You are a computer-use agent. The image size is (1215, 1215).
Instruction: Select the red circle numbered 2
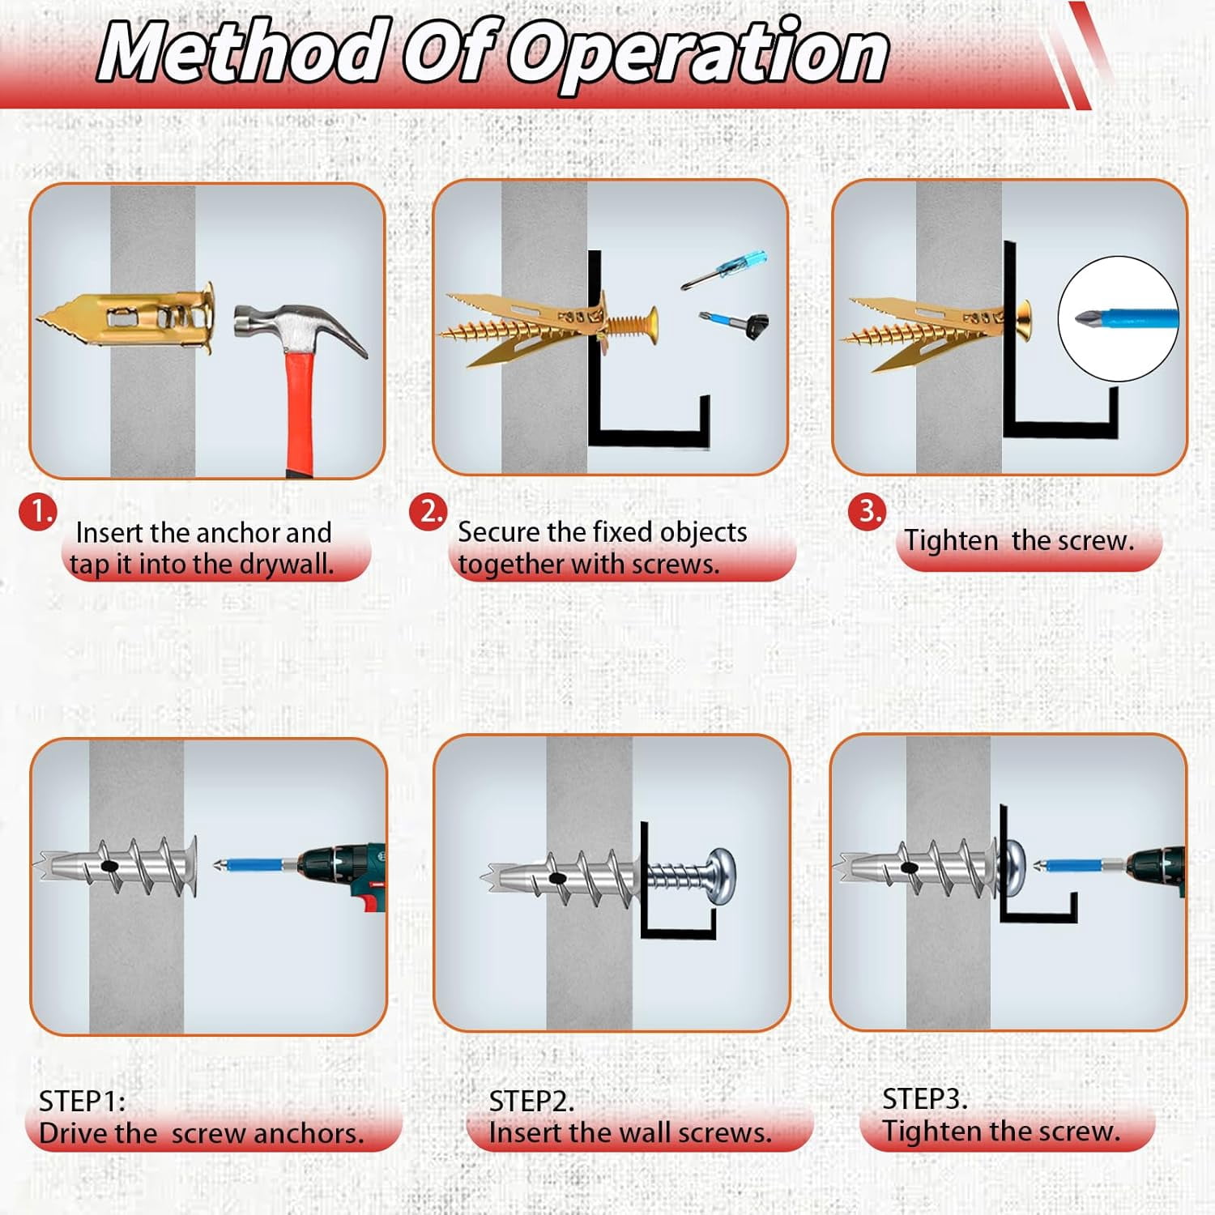tap(429, 512)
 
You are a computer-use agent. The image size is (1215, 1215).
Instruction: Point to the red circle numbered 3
tap(868, 512)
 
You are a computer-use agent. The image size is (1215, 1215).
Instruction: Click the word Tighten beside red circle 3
tap(951, 540)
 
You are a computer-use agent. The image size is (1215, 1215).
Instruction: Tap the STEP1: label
tap(82, 1102)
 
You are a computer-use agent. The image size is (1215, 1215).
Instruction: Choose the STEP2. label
tap(531, 1102)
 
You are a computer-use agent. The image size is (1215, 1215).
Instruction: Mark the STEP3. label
tap(925, 1099)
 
